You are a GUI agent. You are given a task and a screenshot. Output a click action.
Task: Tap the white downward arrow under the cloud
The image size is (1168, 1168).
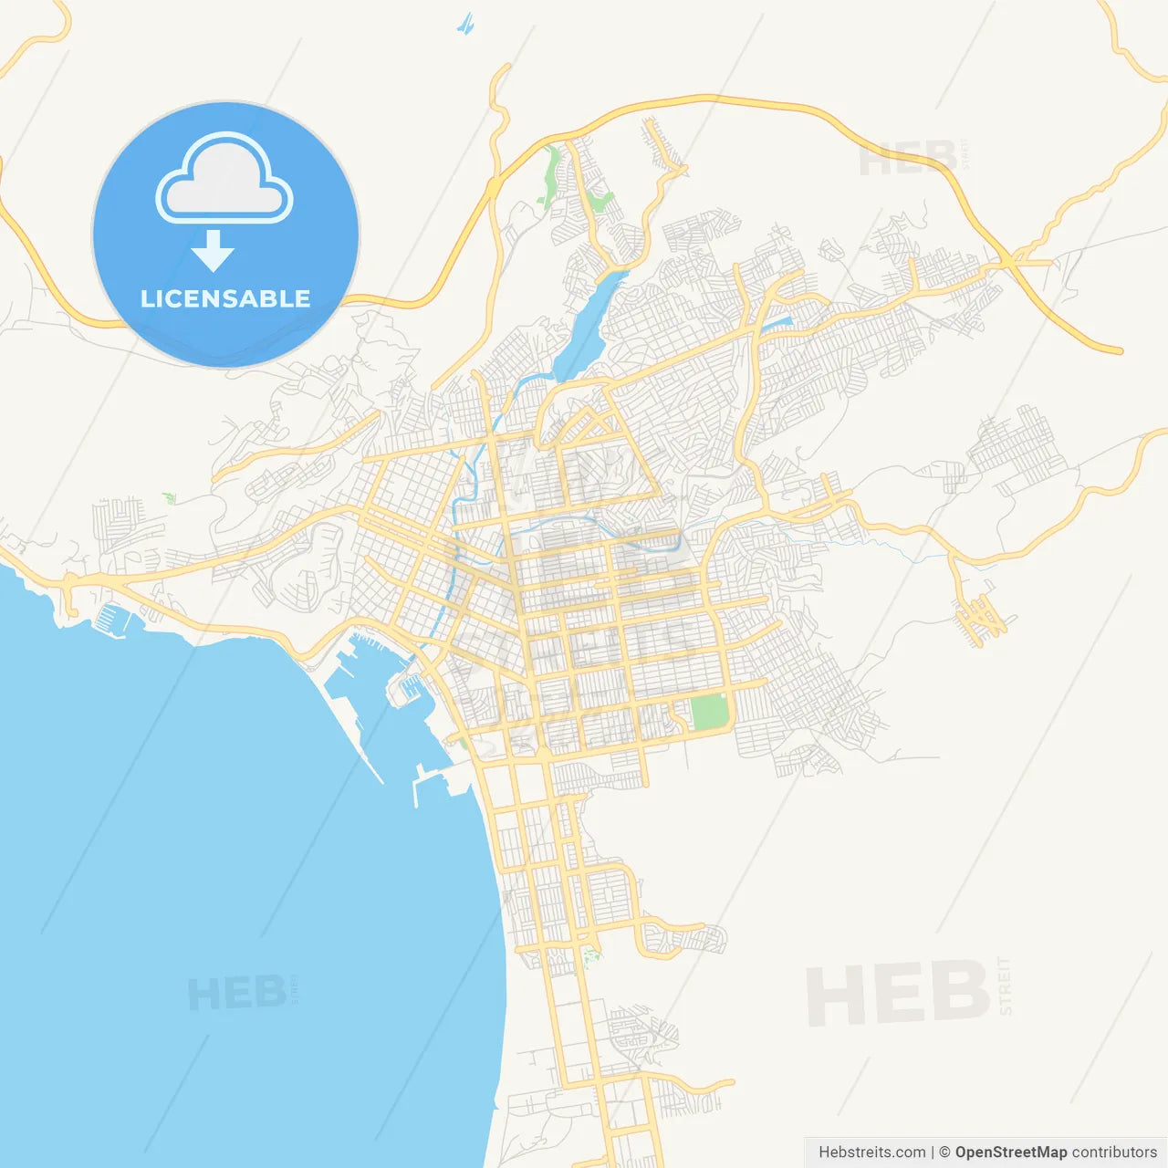pyautogui.click(x=213, y=251)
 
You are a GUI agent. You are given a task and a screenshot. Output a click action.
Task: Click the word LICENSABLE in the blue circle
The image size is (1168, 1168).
pyautogui.click(x=225, y=298)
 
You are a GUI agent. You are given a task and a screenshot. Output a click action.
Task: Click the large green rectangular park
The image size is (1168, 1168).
pyautogui.click(x=709, y=712)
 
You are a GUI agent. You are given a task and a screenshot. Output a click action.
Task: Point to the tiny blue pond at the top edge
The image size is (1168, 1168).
pyautogui.click(x=466, y=24)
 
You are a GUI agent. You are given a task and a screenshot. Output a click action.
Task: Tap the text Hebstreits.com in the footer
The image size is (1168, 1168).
pyautogui.click(x=871, y=1152)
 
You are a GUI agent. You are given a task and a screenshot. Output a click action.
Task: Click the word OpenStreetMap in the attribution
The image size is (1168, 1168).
pyautogui.click(x=1010, y=1152)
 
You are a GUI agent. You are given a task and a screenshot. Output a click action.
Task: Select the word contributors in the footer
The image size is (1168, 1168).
pyautogui.click(x=1114, y=1152)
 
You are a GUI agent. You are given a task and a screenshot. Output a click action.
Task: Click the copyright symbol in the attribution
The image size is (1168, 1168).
pyautogui.click(x=944, y=1152)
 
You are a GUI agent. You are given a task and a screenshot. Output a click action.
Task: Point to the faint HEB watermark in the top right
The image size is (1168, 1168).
pyautogui.click(x=908, y=159)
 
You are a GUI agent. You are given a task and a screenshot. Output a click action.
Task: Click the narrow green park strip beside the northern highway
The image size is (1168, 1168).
pyautogui.click(x=551, y=173)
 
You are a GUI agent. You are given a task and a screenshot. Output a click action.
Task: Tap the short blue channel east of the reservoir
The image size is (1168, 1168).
pyautogui.click(x=776, y=322)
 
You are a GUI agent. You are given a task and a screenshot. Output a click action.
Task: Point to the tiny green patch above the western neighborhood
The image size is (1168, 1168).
pyautogui.click(x=168, y=497)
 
